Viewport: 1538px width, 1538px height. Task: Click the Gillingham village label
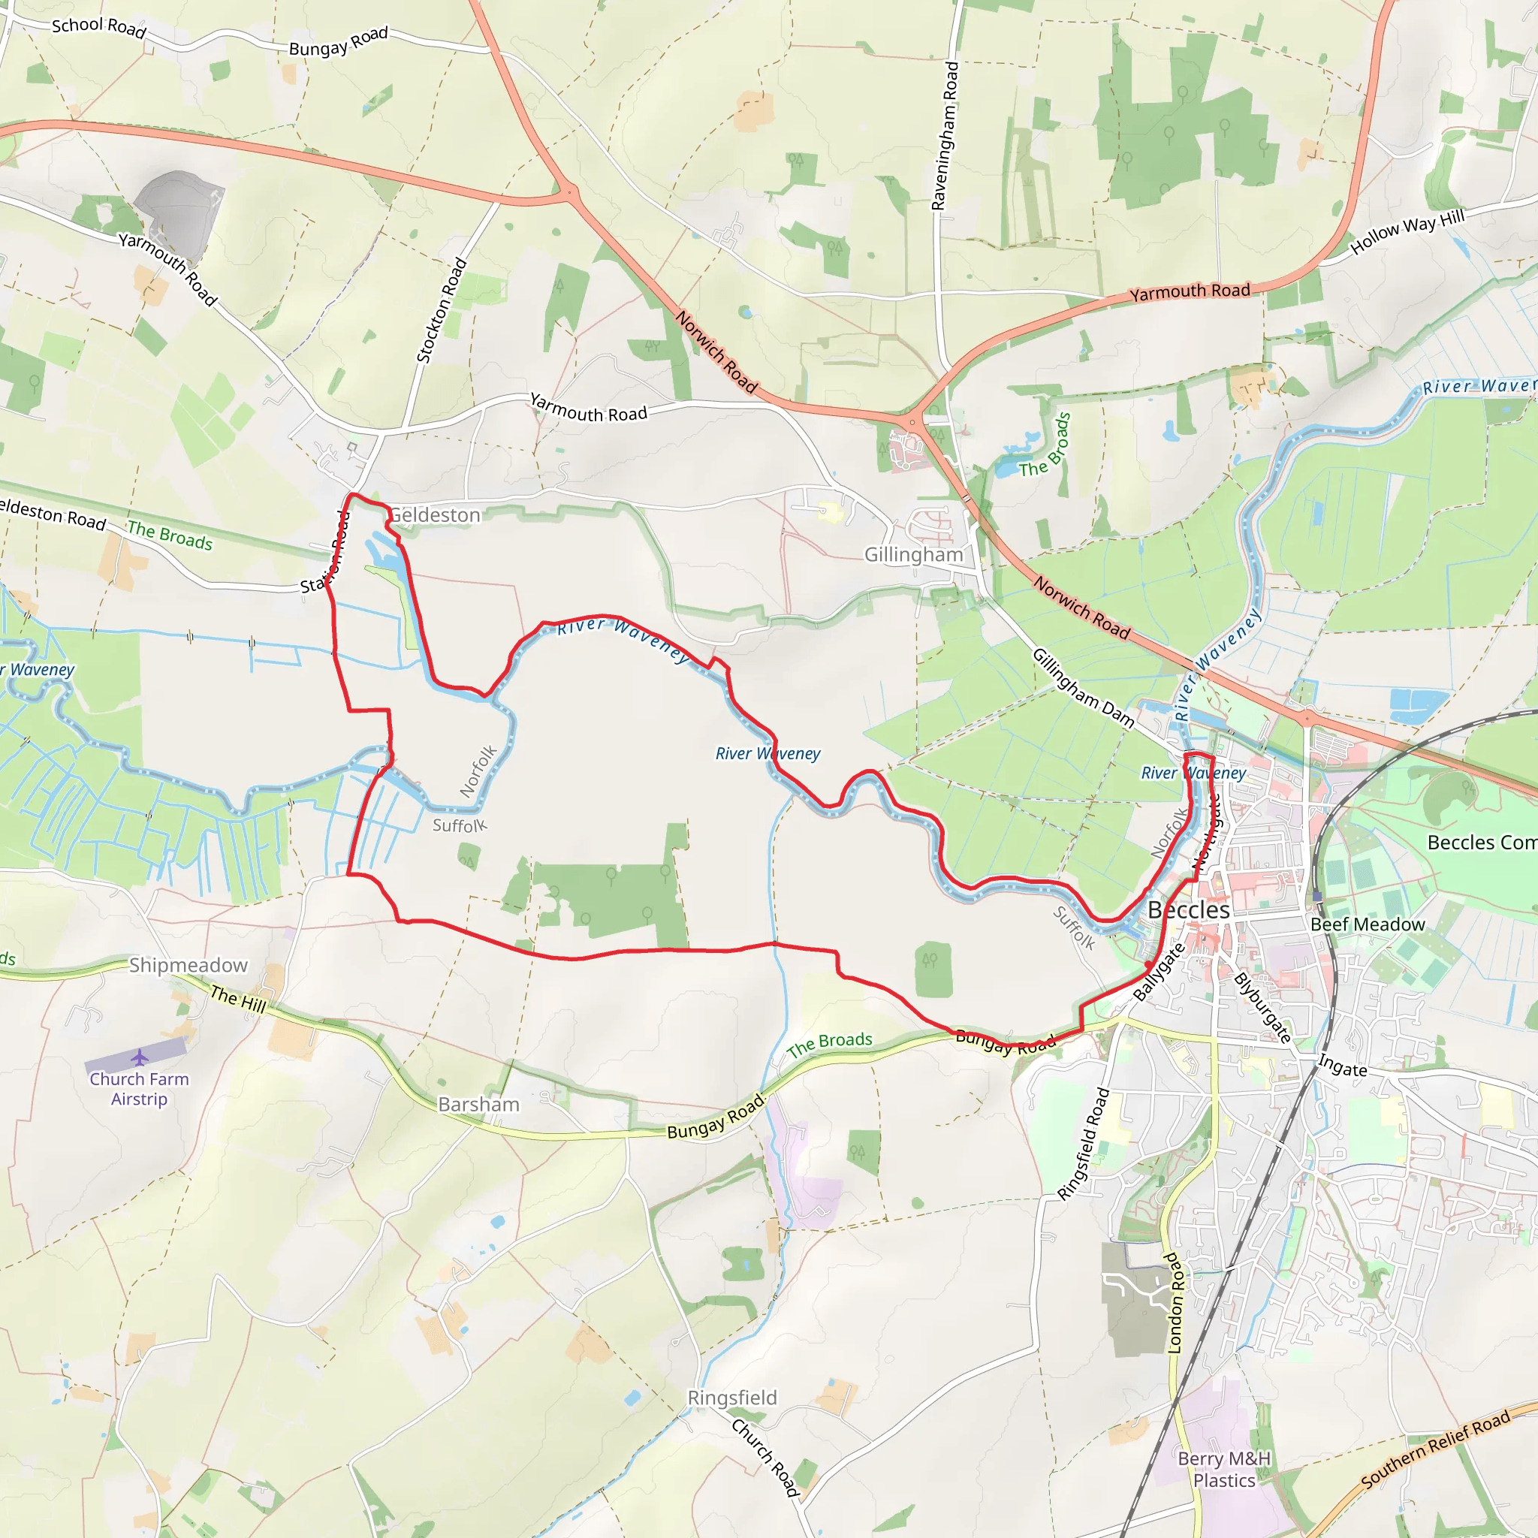(913, 555)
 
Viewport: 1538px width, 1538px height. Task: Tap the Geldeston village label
(435, 515)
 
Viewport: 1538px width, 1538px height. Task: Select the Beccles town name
(1189, 910)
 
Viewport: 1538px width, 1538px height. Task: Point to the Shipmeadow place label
(188, 965)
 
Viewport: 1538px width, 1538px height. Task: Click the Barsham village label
(478, 1104)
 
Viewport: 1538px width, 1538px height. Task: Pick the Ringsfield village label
(731, 1398)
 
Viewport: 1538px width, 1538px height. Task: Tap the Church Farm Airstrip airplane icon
(140, 1057)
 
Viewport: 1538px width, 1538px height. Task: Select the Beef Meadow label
(1367, 924)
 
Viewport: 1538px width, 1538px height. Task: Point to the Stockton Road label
(441, 310)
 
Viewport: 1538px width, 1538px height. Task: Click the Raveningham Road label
(945, 136)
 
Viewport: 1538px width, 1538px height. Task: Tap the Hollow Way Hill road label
(1407, 231)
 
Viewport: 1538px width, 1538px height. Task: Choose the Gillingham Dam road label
(1083, 687)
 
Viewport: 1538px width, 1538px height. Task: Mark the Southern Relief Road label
(1434, 1449)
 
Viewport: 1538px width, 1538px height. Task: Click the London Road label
(1175, 1302)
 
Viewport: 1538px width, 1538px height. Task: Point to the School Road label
(98, 28)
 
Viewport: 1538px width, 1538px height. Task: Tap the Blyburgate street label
(1262, 1008)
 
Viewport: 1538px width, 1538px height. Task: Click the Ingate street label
(1342, 1065)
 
